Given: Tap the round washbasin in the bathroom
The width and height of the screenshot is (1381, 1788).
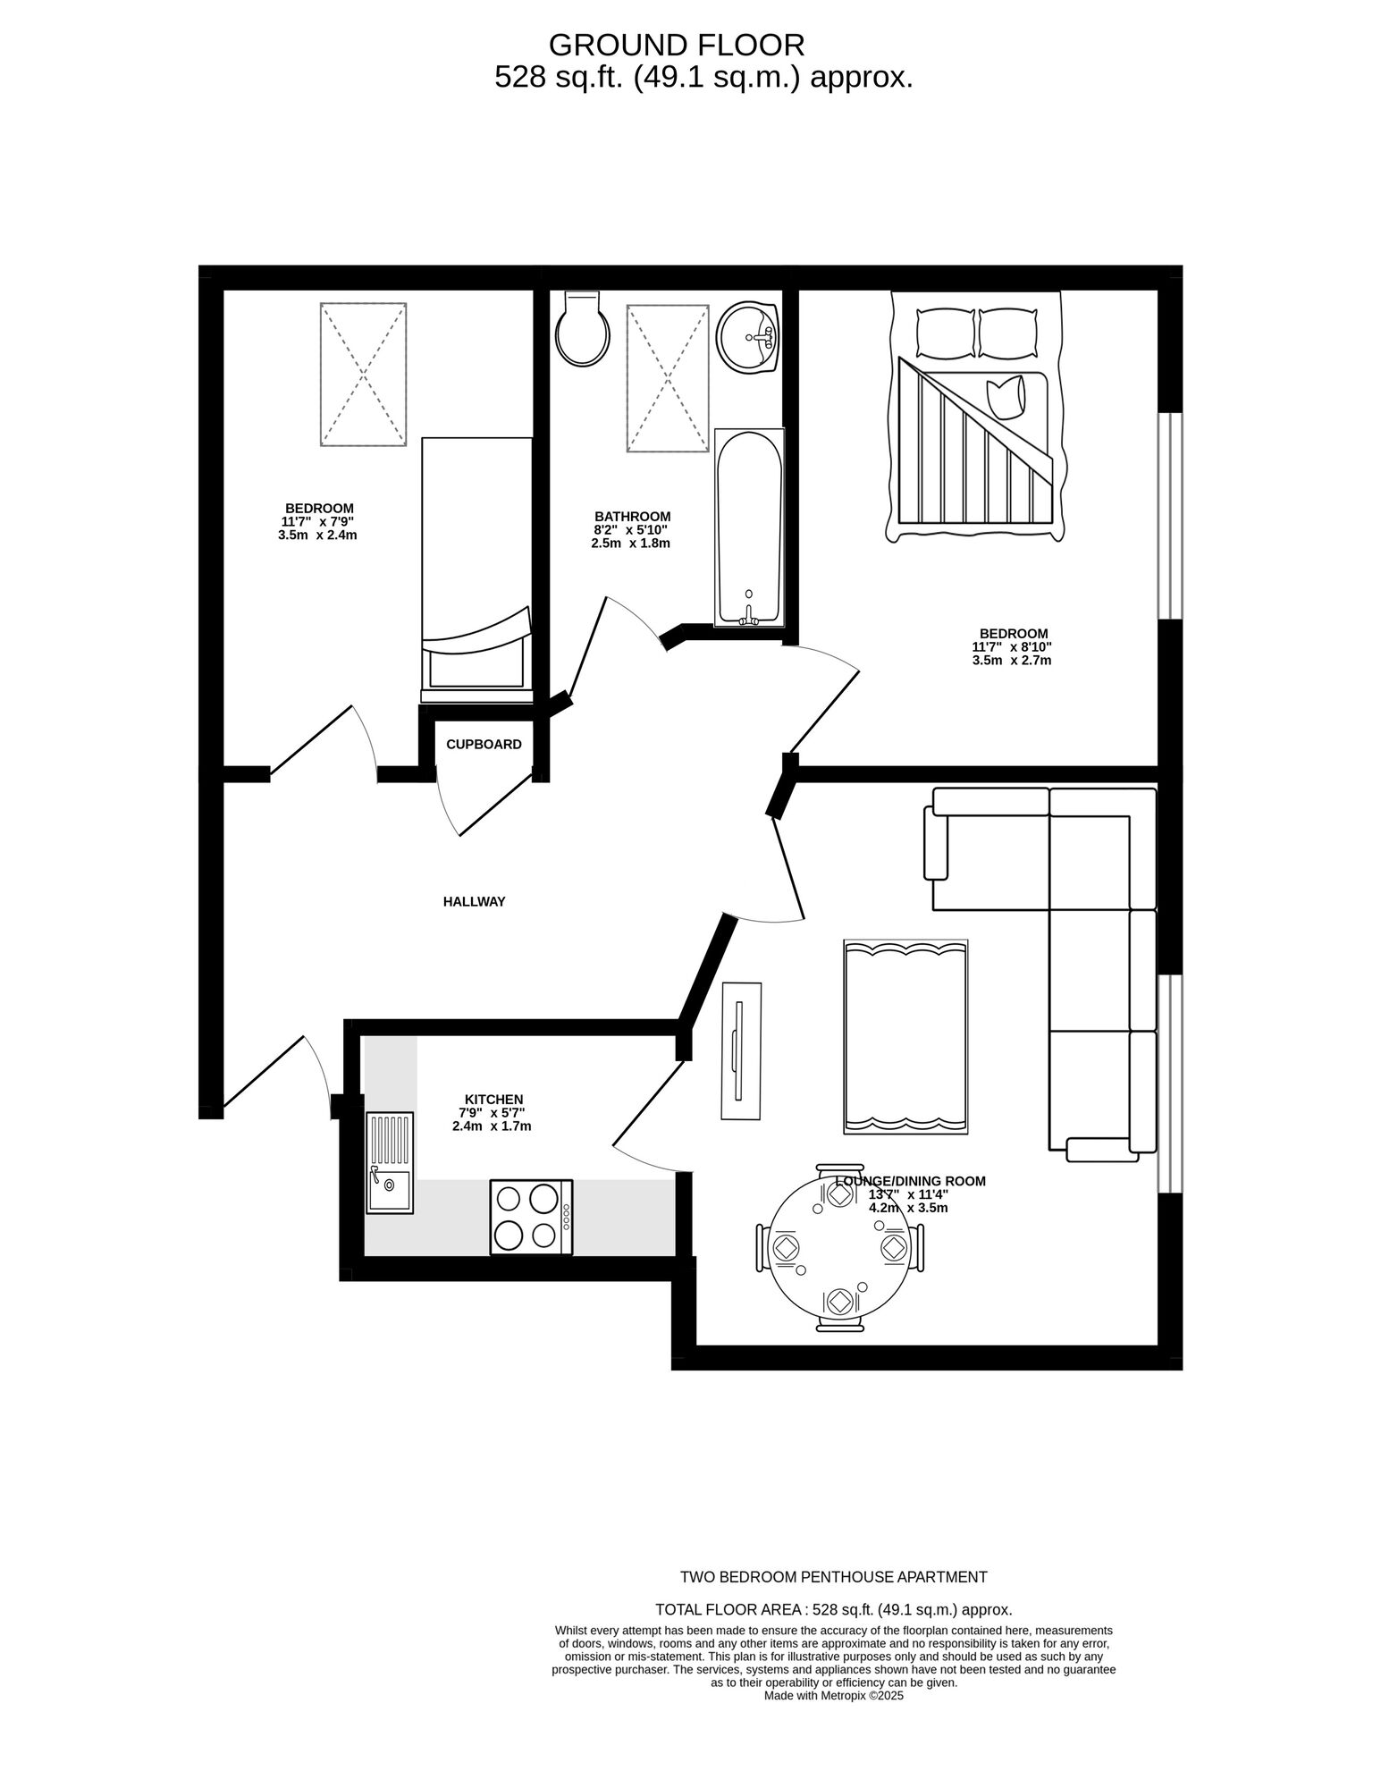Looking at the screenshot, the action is click(749, 337).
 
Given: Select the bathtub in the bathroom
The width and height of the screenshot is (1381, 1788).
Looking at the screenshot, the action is click(749, 527).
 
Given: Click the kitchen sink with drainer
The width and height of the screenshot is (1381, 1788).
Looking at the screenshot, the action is click(390, 1162).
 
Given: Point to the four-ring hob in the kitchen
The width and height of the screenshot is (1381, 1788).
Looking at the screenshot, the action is click(531, 1217).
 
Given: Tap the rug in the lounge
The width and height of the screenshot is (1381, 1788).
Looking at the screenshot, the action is click(905, 1038).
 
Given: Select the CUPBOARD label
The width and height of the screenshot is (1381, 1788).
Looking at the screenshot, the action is click(484, 745).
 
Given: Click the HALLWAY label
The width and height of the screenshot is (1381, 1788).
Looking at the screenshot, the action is click(474, 902).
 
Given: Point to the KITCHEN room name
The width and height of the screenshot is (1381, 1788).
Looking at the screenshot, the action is click(493, 1100).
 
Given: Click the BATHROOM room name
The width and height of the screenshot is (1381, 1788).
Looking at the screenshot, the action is click(632, 517).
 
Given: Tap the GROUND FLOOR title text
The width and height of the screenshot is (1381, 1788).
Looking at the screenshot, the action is click(677, 45).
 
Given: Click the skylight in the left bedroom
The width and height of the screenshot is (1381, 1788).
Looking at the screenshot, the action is click(363, 375).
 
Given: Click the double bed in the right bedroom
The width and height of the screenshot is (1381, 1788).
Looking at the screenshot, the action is click(975, 417).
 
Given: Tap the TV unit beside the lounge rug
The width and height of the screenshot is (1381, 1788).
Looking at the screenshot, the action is click(742, 1050).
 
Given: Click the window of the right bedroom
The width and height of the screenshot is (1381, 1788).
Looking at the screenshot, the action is click(1170, 516).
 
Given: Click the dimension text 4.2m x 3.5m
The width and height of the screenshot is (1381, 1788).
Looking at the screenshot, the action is click(908, 1208).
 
